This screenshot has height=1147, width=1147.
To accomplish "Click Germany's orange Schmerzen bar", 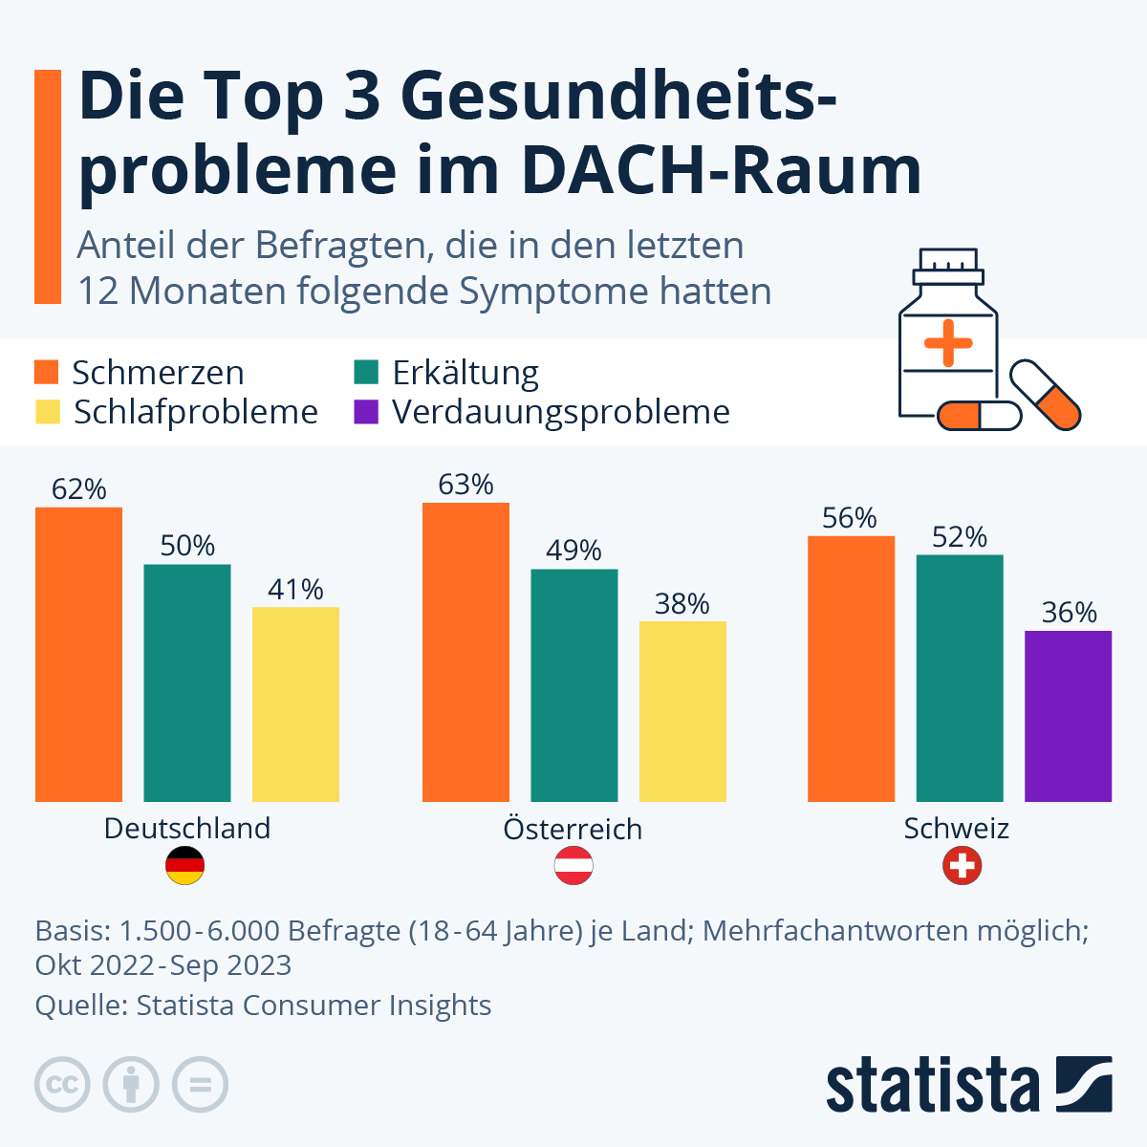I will [x=78, y=654].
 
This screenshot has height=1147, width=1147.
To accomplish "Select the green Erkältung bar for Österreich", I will [x=573, y=684].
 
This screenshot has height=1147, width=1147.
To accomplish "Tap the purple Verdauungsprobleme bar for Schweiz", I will [x=1068, y=715].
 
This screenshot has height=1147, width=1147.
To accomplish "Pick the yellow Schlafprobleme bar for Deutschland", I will [x=295, y=703].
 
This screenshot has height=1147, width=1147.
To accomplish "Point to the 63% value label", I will [x=465, y=485].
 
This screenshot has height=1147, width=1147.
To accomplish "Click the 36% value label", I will [x=1069, y=613].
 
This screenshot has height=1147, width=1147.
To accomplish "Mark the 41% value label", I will [x=295, y=590].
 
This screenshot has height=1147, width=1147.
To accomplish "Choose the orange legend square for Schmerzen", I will [x=47, y=372].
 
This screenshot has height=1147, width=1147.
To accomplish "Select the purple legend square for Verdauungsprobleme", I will [x=366, y=412].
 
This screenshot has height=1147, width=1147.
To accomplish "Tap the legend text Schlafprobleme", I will [x=195, y=412].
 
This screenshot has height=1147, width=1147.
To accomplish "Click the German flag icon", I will [x=185, y=866].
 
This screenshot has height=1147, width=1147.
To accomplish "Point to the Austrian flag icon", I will [x=573, y=866].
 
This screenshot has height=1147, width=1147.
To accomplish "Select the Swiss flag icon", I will [x=962, y=866].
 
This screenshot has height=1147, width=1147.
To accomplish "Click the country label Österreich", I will [x=573, y=829].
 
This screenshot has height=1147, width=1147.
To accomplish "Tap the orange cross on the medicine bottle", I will [x=948, y=342].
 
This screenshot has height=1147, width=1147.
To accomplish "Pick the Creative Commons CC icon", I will [x=62, y=1085].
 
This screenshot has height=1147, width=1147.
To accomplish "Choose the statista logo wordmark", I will [x=932, y=1086].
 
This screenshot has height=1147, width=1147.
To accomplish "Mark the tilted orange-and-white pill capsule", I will [x=1046, y=394].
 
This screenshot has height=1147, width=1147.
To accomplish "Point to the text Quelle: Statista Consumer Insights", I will [x=263, y=1006].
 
